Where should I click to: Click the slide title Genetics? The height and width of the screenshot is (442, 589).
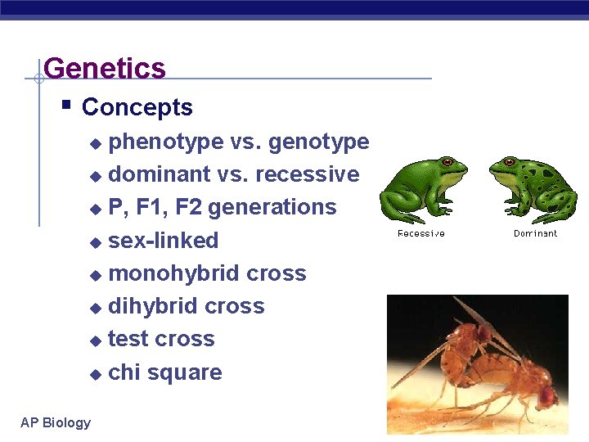[105, 68]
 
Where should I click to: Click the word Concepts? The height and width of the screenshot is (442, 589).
[137, 107]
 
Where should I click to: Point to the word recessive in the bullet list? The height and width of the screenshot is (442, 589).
[308, 174]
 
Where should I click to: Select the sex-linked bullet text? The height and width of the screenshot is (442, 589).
[164, 241]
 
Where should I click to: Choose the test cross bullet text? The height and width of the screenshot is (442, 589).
[161, 339]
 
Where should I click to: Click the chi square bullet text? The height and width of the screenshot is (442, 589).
[165, 372]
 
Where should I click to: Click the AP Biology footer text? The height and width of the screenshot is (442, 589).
[56, 422]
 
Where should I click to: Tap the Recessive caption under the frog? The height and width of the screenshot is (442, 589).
[421, 234]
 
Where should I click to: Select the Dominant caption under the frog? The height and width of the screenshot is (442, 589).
[535, 234]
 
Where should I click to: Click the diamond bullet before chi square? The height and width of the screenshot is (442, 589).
[96, 374]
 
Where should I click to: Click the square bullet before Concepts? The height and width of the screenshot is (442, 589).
[66, 105]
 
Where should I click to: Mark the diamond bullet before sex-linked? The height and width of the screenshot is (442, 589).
[96, 242]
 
